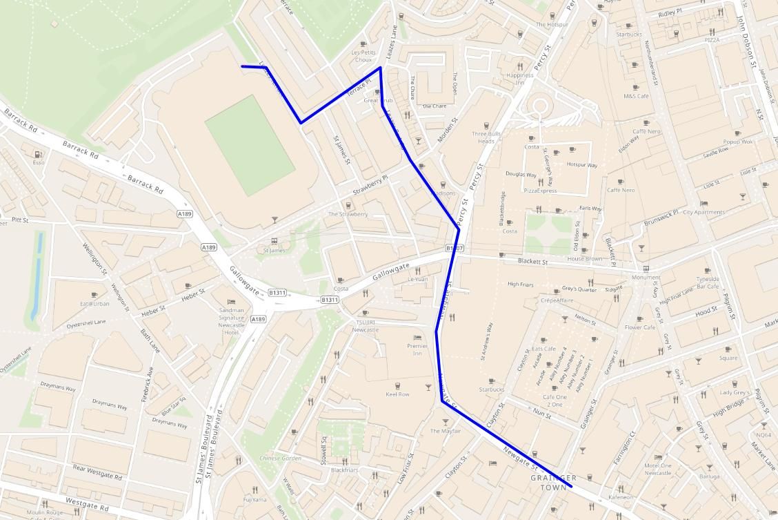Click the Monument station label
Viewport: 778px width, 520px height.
646,278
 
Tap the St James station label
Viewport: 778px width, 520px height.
274,250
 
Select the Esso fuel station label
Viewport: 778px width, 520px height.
39,162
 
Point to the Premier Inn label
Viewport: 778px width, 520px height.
417,349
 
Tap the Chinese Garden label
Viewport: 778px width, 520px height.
280,458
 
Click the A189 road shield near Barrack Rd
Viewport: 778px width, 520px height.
184,214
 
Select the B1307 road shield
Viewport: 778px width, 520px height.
455,247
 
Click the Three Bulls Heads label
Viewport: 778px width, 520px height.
486,137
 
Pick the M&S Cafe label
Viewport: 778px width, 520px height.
636,96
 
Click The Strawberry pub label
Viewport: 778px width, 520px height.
348,214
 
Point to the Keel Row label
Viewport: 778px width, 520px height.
397,394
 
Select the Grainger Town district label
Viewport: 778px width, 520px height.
553,482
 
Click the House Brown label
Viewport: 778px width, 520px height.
584,259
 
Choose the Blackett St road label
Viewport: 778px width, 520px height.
532,262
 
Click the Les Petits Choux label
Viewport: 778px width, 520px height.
363,56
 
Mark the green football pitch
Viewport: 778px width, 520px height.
250,145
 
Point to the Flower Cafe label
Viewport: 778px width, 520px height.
639,327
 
